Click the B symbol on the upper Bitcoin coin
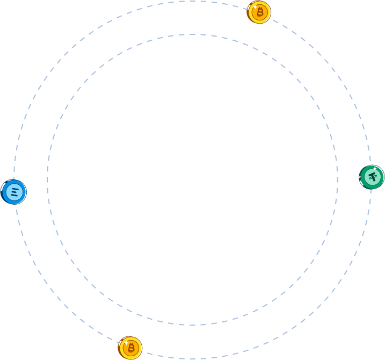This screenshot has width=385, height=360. point(260,12)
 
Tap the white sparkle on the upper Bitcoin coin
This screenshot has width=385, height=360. point(255,5)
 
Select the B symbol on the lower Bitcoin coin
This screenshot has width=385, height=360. point(131,348)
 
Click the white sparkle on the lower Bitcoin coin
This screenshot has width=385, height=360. point(125,341)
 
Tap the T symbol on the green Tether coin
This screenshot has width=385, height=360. point(373,176)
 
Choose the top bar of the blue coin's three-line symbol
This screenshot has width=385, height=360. point(14,188)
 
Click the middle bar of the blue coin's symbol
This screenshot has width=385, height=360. point(14,191)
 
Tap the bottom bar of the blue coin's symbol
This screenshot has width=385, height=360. point(14,195)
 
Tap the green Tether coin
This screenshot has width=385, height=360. point(372,177)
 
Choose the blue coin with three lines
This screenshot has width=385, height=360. point(14,192)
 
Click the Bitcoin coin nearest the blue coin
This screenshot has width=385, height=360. point(130,348)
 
